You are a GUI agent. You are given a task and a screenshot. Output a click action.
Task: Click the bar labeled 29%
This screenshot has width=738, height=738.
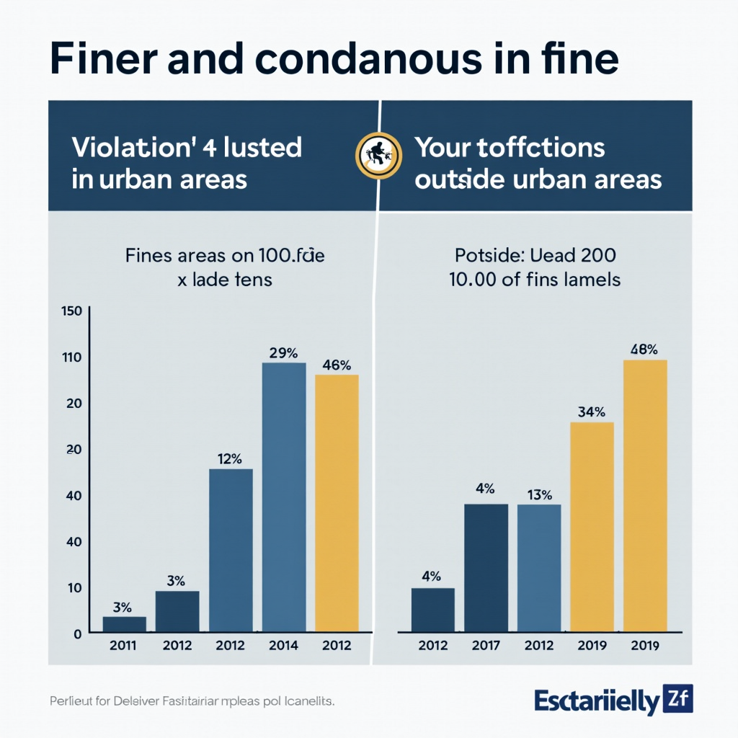(x=284, y=497)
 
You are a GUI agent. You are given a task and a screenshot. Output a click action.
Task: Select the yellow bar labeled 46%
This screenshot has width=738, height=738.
(x=337, y=503)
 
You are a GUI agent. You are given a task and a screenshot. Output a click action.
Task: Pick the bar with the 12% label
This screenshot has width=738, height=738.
(x=231, y=551)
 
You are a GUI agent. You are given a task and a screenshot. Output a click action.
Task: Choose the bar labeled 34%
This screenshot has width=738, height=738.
(x=592, y=527)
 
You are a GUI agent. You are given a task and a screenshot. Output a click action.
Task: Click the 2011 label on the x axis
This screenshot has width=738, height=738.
(x=124, y=646)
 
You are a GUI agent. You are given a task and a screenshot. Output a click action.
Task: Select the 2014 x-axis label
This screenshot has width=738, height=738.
(x=284, y=646)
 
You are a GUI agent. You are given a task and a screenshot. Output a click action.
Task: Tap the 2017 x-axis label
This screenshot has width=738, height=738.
(x=486, y=646)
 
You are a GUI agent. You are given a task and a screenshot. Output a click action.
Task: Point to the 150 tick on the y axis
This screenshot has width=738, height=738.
(x=74, y=311)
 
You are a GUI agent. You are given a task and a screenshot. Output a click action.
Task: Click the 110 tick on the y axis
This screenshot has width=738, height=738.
(x=74, y=357)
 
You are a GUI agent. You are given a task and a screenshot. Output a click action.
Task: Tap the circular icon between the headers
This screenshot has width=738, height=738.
(x=377, y=154)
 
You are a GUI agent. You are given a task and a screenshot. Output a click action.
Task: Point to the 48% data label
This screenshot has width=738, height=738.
(x=644, y=350)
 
